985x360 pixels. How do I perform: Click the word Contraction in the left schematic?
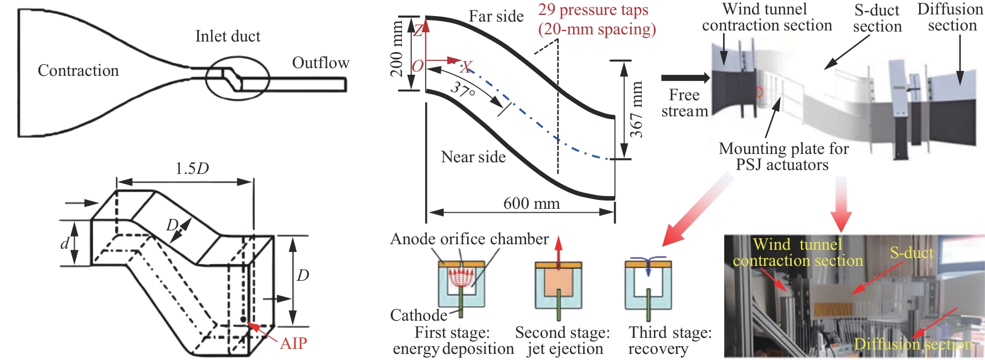78,71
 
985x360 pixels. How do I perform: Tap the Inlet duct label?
228,37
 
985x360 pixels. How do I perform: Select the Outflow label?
321,63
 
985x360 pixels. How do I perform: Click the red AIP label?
293,343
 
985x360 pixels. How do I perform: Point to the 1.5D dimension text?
192,168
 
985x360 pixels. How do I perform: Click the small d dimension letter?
65,243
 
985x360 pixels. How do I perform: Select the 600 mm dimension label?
531,204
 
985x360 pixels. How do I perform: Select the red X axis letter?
466,68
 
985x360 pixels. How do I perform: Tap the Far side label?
496,17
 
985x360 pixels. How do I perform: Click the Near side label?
473,157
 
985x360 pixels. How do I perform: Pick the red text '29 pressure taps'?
593,10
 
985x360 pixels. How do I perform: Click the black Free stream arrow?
685,78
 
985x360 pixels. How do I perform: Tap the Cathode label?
419,315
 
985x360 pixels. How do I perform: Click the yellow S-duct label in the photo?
911,253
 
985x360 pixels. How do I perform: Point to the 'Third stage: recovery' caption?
669,341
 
